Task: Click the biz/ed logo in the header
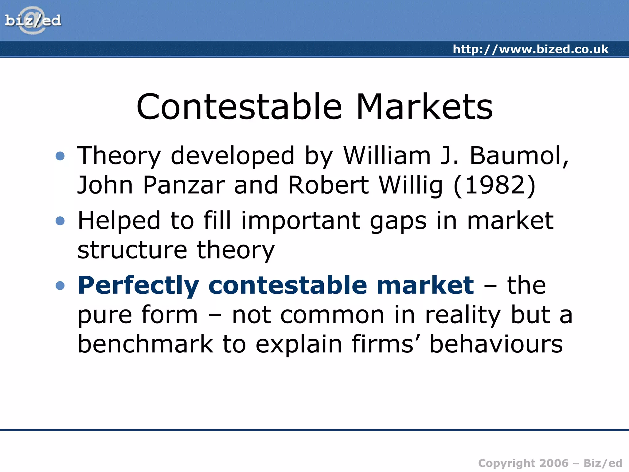pyautogui.click(x=33, y=20)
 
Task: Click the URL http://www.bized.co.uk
pyautogui.click(x=530, y=49)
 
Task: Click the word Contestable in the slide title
pyautogui.click(x=239, y=107)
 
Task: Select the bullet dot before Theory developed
pyautogui.click(x=60, y=156)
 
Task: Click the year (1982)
pyautogui.click(x=494, y=185)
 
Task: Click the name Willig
pyautogui.click(x=411, y=185)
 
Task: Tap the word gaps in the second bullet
pyautogui.click(x=398, y=221)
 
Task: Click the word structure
pyautogui.click(x=132, y=250)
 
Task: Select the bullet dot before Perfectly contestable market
pyautogui.click(x=60, y=285)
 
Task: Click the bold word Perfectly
pyautogui.click(x=139, y=285)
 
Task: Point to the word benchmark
pyautogui.click(x=145, y=344)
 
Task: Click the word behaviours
pyautogui.click(x=496, y=344)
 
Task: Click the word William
pyautogui.click(x=387, y=156)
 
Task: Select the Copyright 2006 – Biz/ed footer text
pyautogui.click(x=550, y=463)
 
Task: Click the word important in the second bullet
pyautogui.click(x=301, y=221)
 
